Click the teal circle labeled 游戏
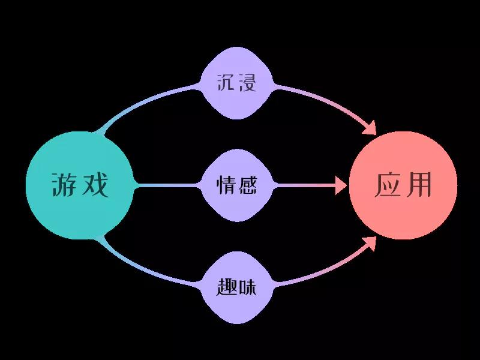click(80, 185)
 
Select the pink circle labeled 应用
click(403, 185)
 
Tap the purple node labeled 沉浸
click(236, 83)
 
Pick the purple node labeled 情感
click(236, 185)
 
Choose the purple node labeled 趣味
click(236, 287)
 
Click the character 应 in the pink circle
click(388, 185)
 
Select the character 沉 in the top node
click(226, 82)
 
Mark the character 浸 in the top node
click(247, 82)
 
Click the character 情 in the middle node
click(226, 185)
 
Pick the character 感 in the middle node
click(247, 185)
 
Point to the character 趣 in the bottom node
click(226, 287)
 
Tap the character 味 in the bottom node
click(247, 287)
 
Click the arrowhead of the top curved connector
click(370, 128)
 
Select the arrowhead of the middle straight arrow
click(341, 185)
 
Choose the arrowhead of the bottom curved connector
click(370, 242)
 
